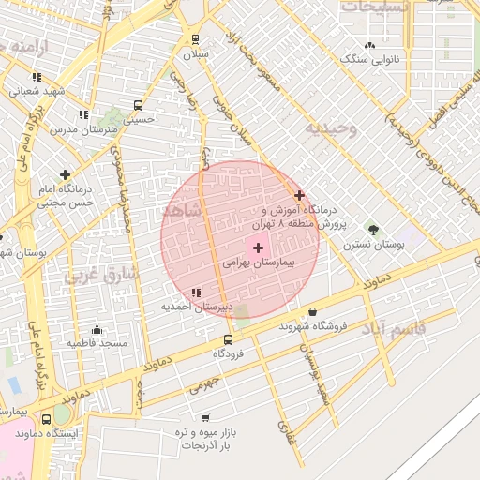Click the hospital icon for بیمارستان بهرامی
click(258, 247)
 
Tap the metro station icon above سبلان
click(195, 39)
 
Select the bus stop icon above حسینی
click(139, 105)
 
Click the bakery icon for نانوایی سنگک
click(369, 45)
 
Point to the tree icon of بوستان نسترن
click(373, 229)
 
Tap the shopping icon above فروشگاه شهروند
click(312, 312)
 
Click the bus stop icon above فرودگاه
click(228, 339)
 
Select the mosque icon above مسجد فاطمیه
click(97, 329)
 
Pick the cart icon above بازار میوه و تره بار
click(205, 418)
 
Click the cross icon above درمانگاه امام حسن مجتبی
click(65, 174)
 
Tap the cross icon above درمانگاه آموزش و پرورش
click(299, 195)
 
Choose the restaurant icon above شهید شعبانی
click(37, 77)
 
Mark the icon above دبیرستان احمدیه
click(195, 293)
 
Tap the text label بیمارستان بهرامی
click(258, 264)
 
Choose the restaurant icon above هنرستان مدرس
click(83, 114)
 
